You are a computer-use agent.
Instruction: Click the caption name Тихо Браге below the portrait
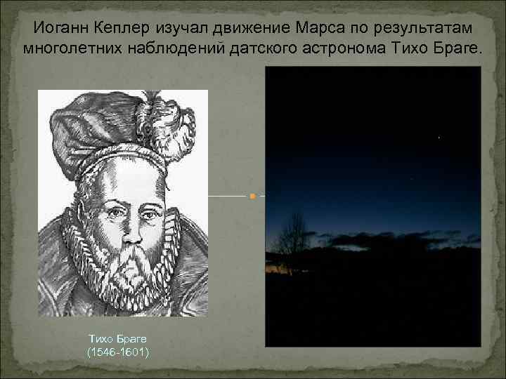click(118, 339)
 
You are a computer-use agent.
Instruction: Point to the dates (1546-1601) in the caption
click(118, 351)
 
